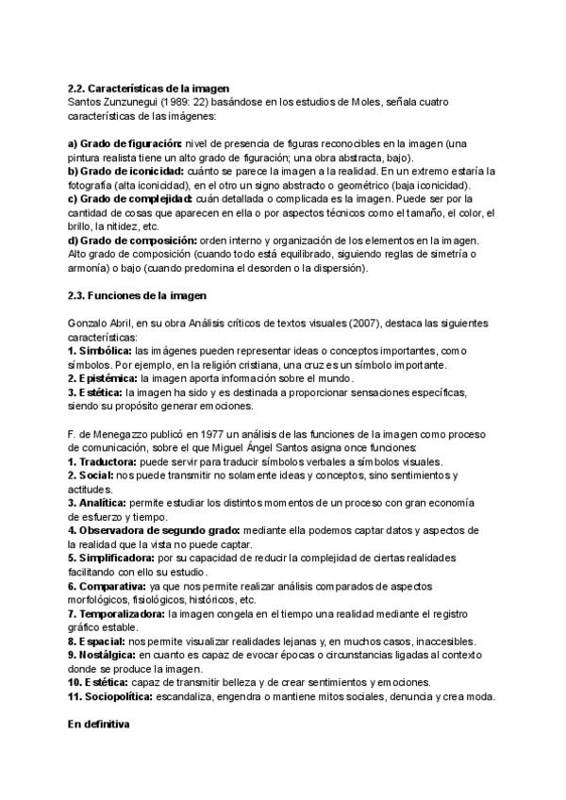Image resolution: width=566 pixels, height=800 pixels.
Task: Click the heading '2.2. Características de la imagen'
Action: pyautogui.click(x=149, y=87)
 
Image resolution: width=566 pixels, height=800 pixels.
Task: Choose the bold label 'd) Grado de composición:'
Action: pyautogui.click(x=133, y=241)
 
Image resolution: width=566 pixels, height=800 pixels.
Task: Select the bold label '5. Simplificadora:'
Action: pyautogui.click(x=116, y=558)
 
